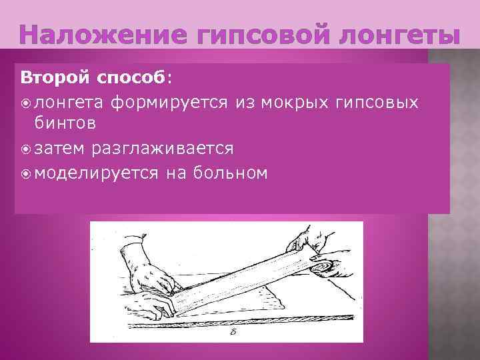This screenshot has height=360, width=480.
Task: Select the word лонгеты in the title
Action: pyautogui.click(x=396, y=35)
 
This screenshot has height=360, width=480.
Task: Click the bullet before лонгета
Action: pyautogui.click(x=26, y=102)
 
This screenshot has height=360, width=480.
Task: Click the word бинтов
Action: pyautogui.click(x=64, y=123)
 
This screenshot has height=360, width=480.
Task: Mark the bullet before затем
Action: pyautogui.click(x=26, y=147)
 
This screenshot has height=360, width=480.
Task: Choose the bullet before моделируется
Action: pyautogui.click(x=26, y=173)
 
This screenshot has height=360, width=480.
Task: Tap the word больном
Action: pyautogui.click(x=230, y=173)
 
